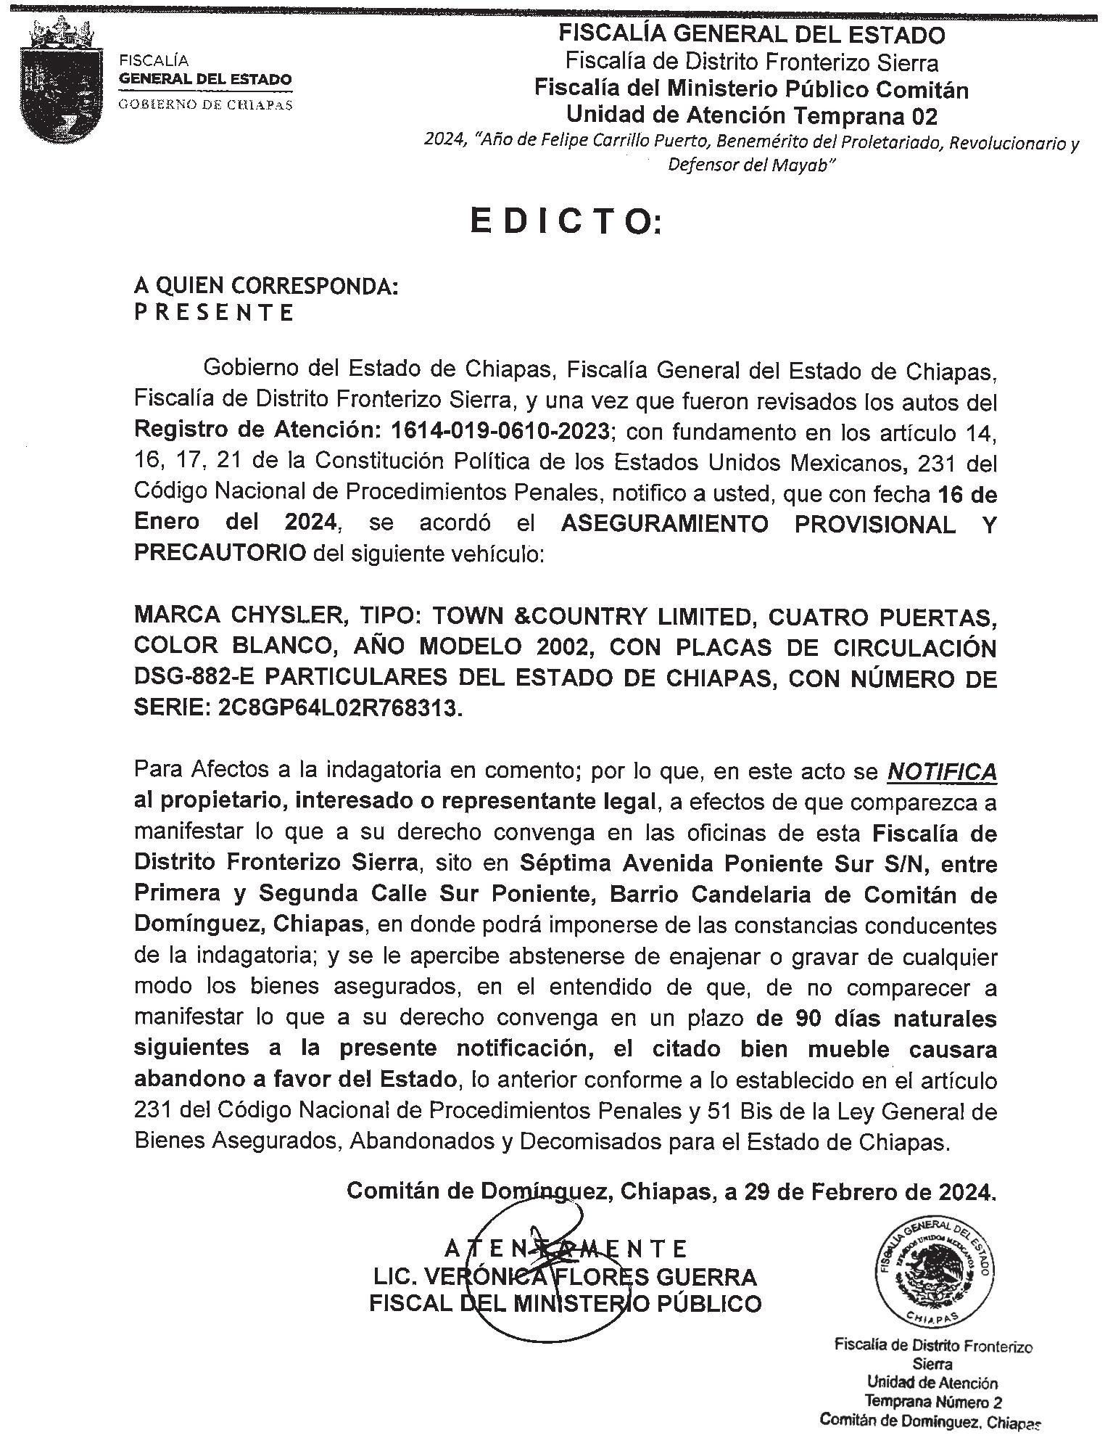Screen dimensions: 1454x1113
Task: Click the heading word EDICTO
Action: pyautogui.click(x=566, y=222)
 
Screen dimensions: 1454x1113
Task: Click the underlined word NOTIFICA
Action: pyautogui.click(x=942, y=772)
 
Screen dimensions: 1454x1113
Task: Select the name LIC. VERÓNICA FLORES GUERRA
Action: pyautogui.click(x=565, y=1277)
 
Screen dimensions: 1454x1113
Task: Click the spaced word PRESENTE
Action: pyautogui.click(x=214, y=313)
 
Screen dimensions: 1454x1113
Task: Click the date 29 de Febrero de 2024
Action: pyautogui.click(x=871, y=1191)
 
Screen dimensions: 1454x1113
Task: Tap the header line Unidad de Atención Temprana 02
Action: pyautogui.click(x=751, y=115)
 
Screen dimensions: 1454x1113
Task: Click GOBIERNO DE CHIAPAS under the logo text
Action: pyautogui.click(x=205, y=104)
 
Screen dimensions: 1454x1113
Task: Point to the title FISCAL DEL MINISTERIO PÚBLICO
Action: pyautogui.click(x=565, y=1304)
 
